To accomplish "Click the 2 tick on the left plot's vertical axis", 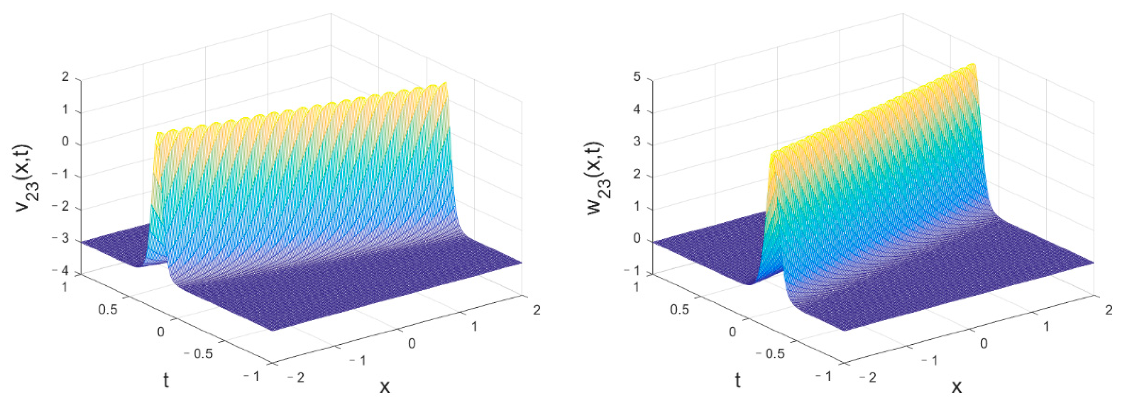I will (66, 77).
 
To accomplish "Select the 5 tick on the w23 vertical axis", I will (637, 77).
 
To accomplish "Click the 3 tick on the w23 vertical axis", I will (637, 142).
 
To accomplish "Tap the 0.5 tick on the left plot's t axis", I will (108, 309).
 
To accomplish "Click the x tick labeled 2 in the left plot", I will (537, 310).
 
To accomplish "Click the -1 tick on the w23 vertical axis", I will (634, 271).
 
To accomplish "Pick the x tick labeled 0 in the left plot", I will (411, 343).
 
